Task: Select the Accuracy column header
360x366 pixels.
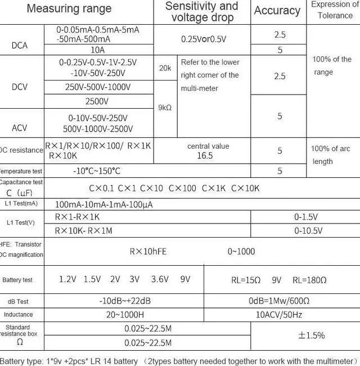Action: pos(277,11)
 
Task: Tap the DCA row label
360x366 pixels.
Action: pos(19,45)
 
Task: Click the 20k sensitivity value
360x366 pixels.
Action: pos(165,68)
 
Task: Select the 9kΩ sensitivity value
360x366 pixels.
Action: pos(165,108)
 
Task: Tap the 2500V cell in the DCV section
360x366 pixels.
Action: pos(98,102)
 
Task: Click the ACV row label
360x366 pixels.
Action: pos(19,128)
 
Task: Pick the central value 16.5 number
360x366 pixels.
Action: pos(205,156)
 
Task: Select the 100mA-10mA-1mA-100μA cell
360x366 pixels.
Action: pos(103,204)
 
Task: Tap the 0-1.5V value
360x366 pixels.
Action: pos(306,217)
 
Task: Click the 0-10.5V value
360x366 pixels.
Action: pos(308,231)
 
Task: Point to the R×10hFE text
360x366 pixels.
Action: pos(148,252)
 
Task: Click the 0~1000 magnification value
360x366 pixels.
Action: pos(241,252)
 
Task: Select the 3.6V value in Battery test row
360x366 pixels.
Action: pos(160,279)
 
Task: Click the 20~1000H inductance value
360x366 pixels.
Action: pos(125,315)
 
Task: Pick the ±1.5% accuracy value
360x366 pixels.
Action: pos(311,336)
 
